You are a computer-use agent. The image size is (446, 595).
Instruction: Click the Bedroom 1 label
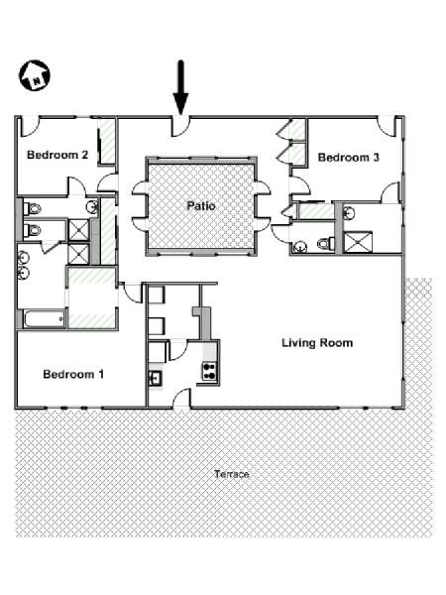(73, 375)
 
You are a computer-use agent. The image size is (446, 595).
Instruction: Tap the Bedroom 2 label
(57, 155)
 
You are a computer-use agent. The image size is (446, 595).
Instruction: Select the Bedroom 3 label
(348, 158)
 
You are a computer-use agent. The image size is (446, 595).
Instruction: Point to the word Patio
(201, 206)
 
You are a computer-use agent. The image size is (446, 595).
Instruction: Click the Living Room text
(317, 343)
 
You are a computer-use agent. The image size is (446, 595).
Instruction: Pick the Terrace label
(232, 474)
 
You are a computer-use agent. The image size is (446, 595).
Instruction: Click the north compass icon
(35, 75)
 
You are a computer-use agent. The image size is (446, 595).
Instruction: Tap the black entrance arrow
(181, 87)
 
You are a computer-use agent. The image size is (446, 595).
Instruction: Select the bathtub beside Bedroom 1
(45, 319)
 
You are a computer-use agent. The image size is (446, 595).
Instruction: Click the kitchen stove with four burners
(209, 371)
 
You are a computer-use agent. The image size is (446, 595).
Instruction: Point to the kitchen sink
(156, 378)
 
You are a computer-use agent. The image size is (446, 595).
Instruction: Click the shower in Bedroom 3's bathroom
(357, 242)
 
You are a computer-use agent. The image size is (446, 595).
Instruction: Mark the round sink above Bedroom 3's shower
(348, 213)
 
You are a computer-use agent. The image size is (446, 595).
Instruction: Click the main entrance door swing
(181, 126)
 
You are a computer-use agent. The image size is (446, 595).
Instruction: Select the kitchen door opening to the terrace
(181, 399)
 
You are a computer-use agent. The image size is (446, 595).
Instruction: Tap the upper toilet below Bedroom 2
(32, 208)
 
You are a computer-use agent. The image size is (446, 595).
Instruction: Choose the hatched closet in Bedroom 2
(107, 141)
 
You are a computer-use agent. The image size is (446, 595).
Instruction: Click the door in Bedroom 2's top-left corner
(29, 127)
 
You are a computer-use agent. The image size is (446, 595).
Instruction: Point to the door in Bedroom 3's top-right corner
(387, 126)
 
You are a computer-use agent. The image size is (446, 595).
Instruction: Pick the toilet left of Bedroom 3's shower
(326, 243)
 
